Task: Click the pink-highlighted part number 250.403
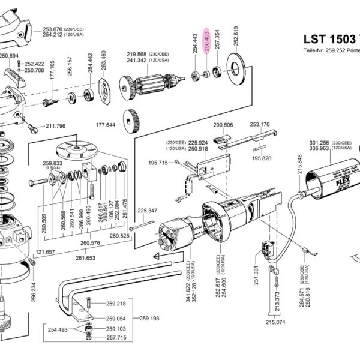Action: click(x=206, y=41)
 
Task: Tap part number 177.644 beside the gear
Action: click(x=106, y=125)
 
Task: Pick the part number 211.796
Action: click(x=55, y=127)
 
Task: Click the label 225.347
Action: click(x=147, y=211)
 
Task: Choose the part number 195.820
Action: click(x=262, y=158)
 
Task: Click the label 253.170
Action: click(x=259, y=125)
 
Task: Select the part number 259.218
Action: click(x=116, y=304)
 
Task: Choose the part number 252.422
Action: click(x=34, y=64)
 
